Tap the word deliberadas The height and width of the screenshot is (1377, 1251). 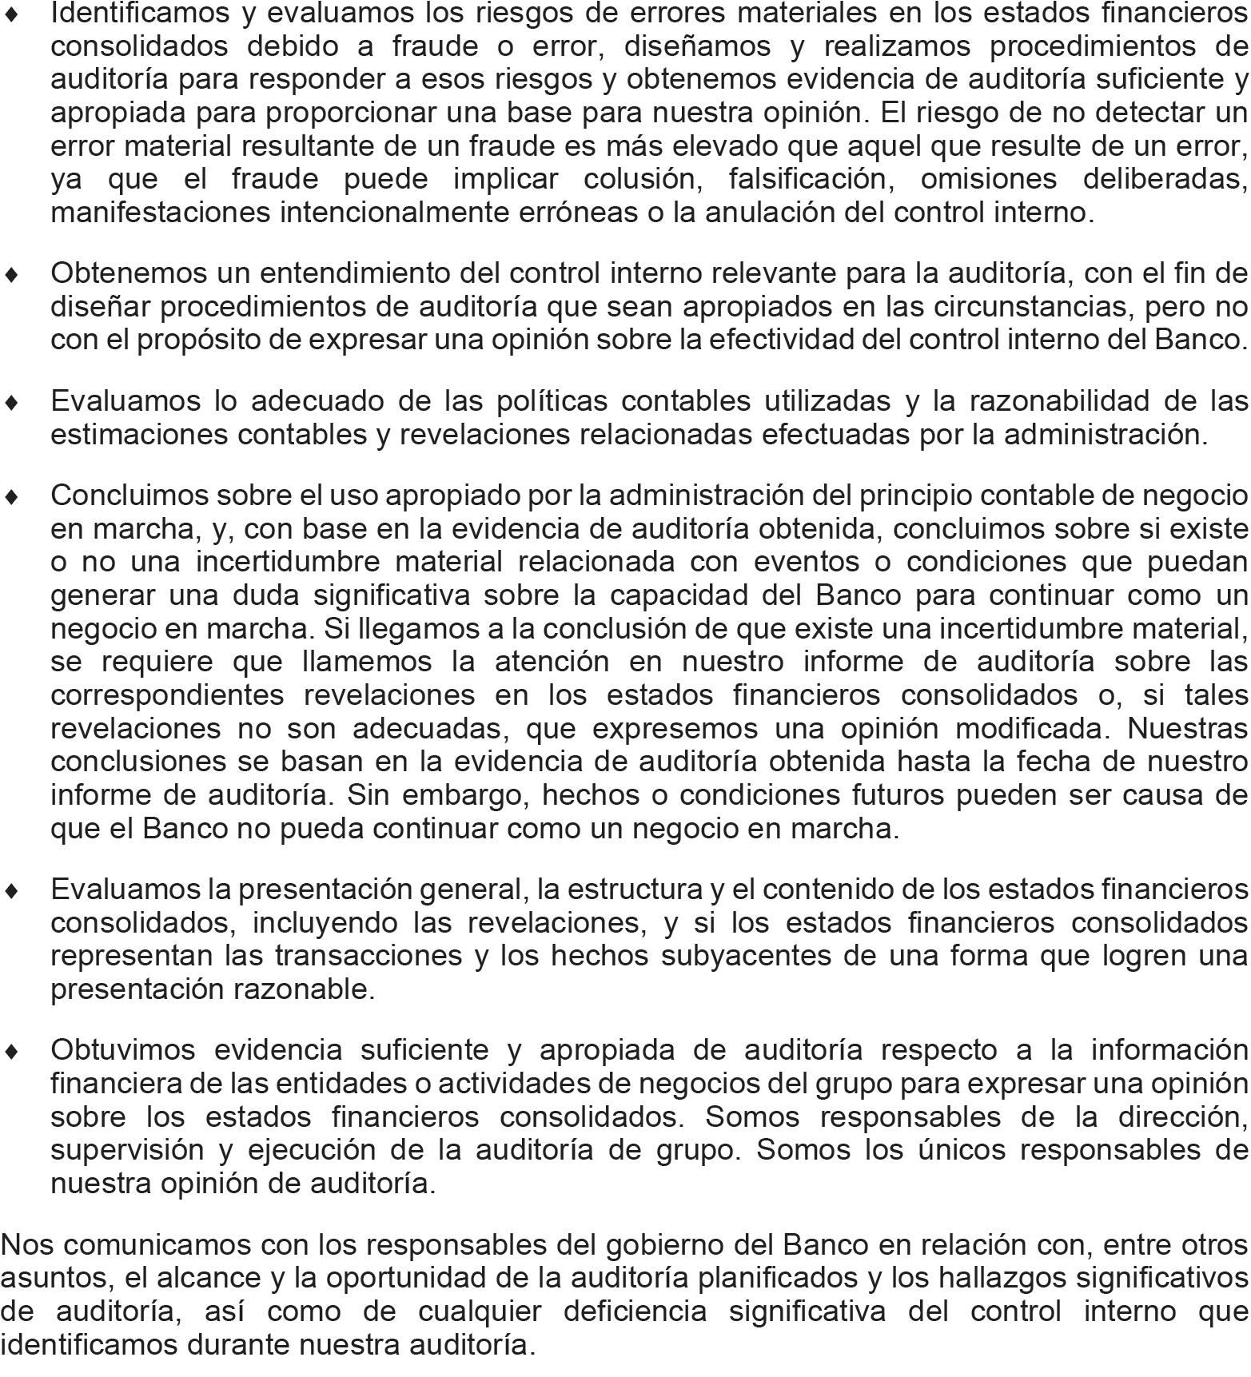(1165, 179)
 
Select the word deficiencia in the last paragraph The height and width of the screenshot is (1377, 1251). (635, 1311)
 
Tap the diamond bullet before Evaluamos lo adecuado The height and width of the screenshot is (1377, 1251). (12, 402)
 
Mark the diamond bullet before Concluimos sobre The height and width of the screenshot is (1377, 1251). (12, 496)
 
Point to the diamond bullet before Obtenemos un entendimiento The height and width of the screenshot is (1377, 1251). (12, 274)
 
